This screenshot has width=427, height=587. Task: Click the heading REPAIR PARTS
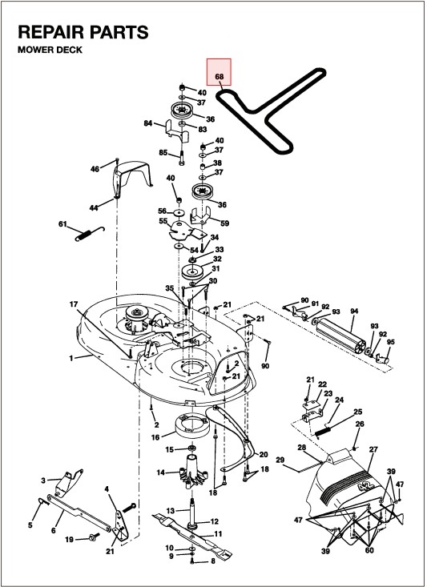tap(83, 32)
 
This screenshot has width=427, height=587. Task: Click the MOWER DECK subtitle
tap(50, 50)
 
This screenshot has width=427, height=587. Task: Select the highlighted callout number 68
tap(220, 76)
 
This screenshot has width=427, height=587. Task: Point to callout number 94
tap(354, 311)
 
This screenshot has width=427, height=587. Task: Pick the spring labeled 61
tap(89, 234)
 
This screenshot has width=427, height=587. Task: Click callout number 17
tap(74, 304)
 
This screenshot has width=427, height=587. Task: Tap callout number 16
tap(155, 437)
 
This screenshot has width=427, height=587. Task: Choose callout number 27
tap(373, 449)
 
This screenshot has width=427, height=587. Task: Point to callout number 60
tap(369, 550)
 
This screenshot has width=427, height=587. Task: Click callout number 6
tap(54, 530)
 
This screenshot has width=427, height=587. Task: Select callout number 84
tap(148, 123)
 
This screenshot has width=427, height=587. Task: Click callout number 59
tap(225, 223)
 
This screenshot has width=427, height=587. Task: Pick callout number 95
tap(391, 342)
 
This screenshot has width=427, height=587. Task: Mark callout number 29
tap(280, 460)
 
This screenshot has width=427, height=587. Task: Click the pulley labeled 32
tap(191, 271)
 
